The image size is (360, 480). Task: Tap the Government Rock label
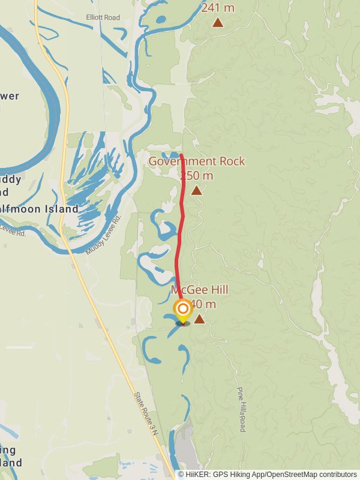[x=182, y=161]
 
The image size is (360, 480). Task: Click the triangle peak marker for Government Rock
[x=196, y=191]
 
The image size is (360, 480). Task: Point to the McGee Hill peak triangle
[x=199, y=319]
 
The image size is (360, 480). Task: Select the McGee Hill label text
[x=200, y=290]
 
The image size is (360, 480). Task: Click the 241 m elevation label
[x=218, y=8]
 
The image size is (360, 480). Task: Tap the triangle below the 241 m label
[x=218, y=23]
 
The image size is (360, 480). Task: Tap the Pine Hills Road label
[x=242, y=410]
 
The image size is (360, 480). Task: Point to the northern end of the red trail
[x=181, y=139]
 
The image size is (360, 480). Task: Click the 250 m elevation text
[x=196, y=176]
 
